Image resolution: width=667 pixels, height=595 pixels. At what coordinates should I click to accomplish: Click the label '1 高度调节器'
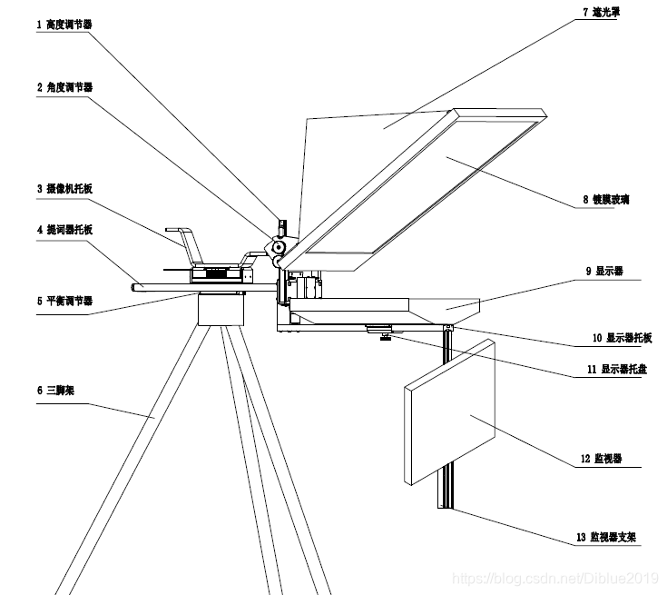pos(64,25)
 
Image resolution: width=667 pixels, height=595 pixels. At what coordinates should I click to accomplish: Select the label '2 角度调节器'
pos(64,87)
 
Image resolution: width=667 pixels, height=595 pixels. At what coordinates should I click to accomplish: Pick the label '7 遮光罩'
pos(606,12)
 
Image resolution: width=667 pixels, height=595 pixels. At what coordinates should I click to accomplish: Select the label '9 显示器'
pos(609,271)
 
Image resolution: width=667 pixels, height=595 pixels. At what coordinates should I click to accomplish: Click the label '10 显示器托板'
pos(622,338)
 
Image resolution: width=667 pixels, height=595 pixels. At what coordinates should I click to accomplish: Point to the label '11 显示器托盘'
pos(621,370)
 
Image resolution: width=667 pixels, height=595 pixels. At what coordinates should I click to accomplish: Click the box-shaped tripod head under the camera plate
pos(221,312)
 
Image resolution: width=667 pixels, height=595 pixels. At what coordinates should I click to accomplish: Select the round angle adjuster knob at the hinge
pos(279,246)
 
